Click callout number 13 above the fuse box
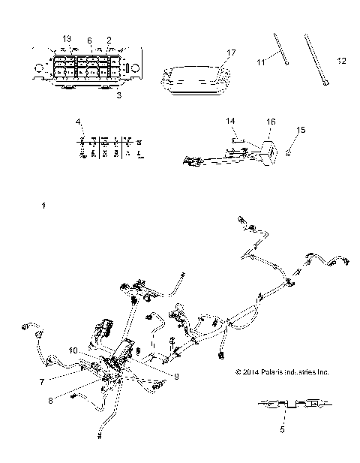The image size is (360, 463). click(67, 38)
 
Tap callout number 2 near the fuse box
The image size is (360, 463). click(109, 39)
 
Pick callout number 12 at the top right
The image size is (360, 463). click(341, 62)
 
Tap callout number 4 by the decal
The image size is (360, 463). click(78, 122)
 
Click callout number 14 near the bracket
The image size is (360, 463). click(231, 120)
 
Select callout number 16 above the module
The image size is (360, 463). click(271, 120)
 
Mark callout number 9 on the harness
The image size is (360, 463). click(176, 377)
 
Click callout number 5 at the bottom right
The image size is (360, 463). click(283, 430)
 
